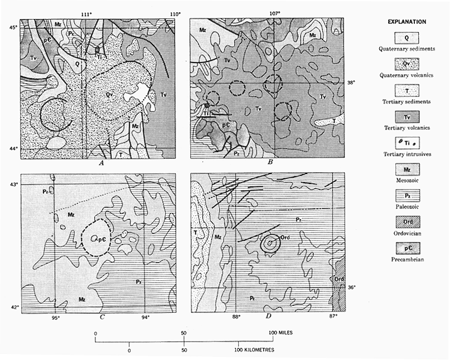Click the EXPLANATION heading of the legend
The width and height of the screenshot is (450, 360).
407,22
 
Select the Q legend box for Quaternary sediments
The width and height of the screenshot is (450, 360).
407,38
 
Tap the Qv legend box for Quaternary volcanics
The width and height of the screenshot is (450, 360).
407,64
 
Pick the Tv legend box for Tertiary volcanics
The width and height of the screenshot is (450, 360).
407,117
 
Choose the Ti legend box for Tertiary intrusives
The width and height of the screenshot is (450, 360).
407,143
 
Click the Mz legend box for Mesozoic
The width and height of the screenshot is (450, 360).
407,169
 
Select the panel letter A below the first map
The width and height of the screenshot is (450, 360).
101,163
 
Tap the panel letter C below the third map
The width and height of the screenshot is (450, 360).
102,317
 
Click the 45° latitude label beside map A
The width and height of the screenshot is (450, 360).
11,27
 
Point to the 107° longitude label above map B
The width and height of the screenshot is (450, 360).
275,13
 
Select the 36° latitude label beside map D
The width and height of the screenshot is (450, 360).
351,287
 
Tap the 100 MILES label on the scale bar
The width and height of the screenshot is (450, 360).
280,333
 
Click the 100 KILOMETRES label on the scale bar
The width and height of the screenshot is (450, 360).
254,350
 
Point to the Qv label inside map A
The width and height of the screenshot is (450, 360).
108,94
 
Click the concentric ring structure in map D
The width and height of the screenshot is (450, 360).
270,244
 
